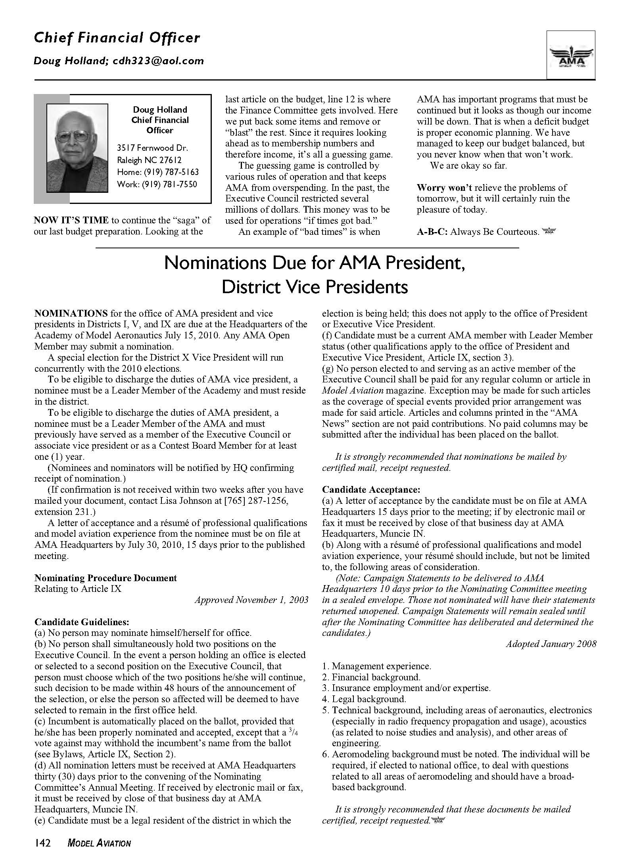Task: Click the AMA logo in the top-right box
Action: pos(571,56)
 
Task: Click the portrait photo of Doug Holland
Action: pos(77,148)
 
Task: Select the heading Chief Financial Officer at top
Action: pos(117,38)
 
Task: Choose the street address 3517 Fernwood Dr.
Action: pos(152,148)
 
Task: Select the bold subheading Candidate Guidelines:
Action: pos(82,622)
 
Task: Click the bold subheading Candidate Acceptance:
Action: pos(371,490)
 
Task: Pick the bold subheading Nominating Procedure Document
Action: pos(106,578)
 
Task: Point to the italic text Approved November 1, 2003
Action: pos(251,600)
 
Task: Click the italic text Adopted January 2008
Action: pos(551,644)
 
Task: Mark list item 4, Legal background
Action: pos(364,699)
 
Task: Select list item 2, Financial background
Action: pos(371,677)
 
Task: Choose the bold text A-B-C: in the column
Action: pos(432,232)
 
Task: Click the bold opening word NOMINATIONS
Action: pos(71,313)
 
